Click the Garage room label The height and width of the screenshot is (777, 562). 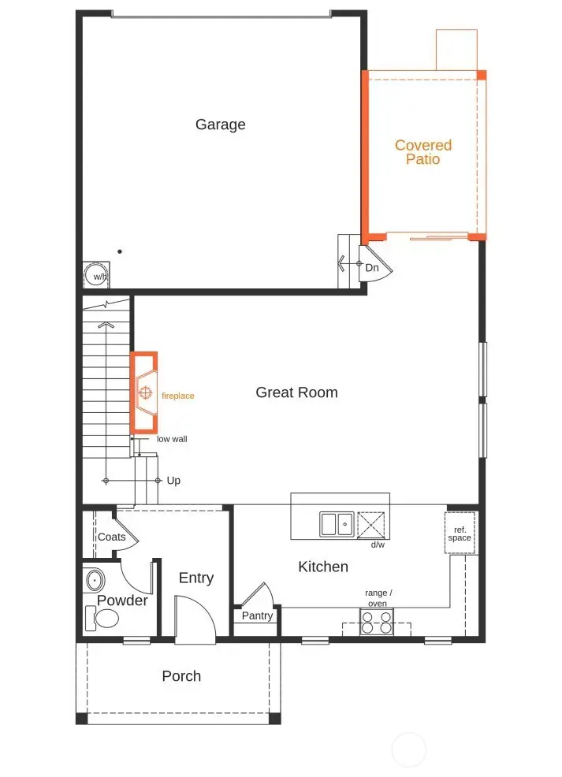tap(220, 125)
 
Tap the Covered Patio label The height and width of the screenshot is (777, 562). tap(423, 152)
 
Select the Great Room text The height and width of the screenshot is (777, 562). tap(296, 392)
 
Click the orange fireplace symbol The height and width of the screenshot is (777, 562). tap(144, 392)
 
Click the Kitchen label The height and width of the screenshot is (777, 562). tap(322, 567)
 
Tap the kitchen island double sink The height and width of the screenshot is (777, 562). tap(337, 524)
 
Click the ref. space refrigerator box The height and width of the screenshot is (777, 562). tap(460, 533)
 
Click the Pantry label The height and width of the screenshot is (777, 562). tap(257, 615)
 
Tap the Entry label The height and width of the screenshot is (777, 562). tap(195, 578)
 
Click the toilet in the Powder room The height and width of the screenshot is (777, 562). tap(104, 620)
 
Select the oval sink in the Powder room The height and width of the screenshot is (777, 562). tap(95, 581)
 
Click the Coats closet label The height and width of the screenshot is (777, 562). tap(111, 537)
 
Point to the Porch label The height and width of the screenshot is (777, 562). tap(181, 676)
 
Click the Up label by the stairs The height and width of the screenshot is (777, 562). tap(173, 480)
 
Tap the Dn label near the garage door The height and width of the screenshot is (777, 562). tap(372, 268)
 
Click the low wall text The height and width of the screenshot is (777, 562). tap(172, 439)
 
